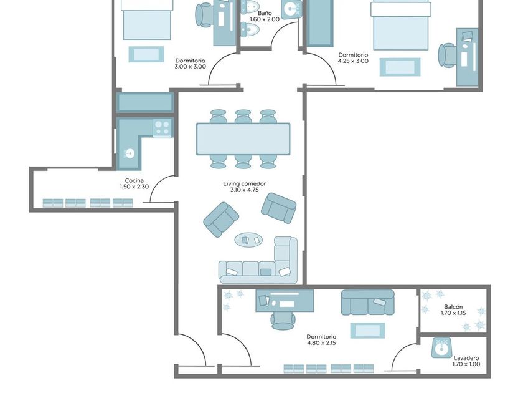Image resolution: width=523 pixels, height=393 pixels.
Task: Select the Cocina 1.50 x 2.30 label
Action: click(134, 183)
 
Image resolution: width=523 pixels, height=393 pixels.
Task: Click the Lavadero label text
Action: click(466, 358)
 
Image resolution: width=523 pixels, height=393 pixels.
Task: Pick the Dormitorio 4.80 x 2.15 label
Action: click(321, 339)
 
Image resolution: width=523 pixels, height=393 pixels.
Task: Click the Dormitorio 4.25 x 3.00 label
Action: click(353, 58)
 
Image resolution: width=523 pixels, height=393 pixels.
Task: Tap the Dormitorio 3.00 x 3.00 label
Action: click(191, 64)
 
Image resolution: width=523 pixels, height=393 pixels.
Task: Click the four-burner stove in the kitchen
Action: click(163, 128)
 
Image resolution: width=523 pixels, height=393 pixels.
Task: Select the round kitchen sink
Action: click(129, 153)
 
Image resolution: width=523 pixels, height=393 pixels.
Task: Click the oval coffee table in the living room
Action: click(248, 240)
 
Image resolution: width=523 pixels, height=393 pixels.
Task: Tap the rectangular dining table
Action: click(243, 139)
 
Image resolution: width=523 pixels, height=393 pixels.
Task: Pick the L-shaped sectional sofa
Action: click(258, 261)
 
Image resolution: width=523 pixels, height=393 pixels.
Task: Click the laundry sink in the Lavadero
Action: click(442, 348)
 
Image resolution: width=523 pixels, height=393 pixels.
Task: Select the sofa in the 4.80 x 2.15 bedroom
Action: click(367, 303)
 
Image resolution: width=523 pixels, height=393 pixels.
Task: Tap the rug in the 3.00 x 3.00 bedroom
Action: click(146, 54)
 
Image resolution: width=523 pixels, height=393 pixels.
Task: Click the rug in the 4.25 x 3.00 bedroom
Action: click(400, 67)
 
